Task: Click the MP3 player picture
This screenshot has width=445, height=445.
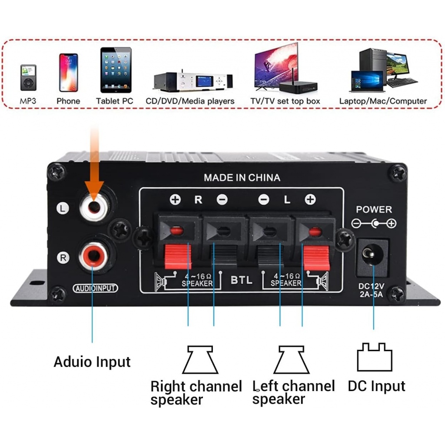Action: pyautogui.click(x=28, y=77)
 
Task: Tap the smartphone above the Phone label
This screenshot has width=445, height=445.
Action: pyautogui.click(x=68, y=72)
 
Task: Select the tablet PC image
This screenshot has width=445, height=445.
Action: pyautogui.click(x=116, y=70)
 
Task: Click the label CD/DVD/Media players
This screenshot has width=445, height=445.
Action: pyautogui.click(x=190, y=101)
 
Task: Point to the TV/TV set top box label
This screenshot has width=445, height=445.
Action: pyautogui.click(x=285, y=101)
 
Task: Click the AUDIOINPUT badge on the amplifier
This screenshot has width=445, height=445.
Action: pyautogui.click(x=96, y=288)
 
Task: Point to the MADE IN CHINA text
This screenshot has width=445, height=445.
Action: pyautogui.click(x=242, y=177)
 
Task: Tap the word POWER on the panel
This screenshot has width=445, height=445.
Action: pyautogui.click(x=374, y=209)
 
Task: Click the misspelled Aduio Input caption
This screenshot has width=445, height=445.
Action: pyautogui.click(x=92, y=362)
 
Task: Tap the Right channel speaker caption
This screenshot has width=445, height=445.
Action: pyautogui.click(x=196, y=392)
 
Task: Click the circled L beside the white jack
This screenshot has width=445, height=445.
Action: pyautogui.click(x=63, y=209)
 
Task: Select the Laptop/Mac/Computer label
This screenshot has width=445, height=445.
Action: pyautogui.click(x=383, y=101)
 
